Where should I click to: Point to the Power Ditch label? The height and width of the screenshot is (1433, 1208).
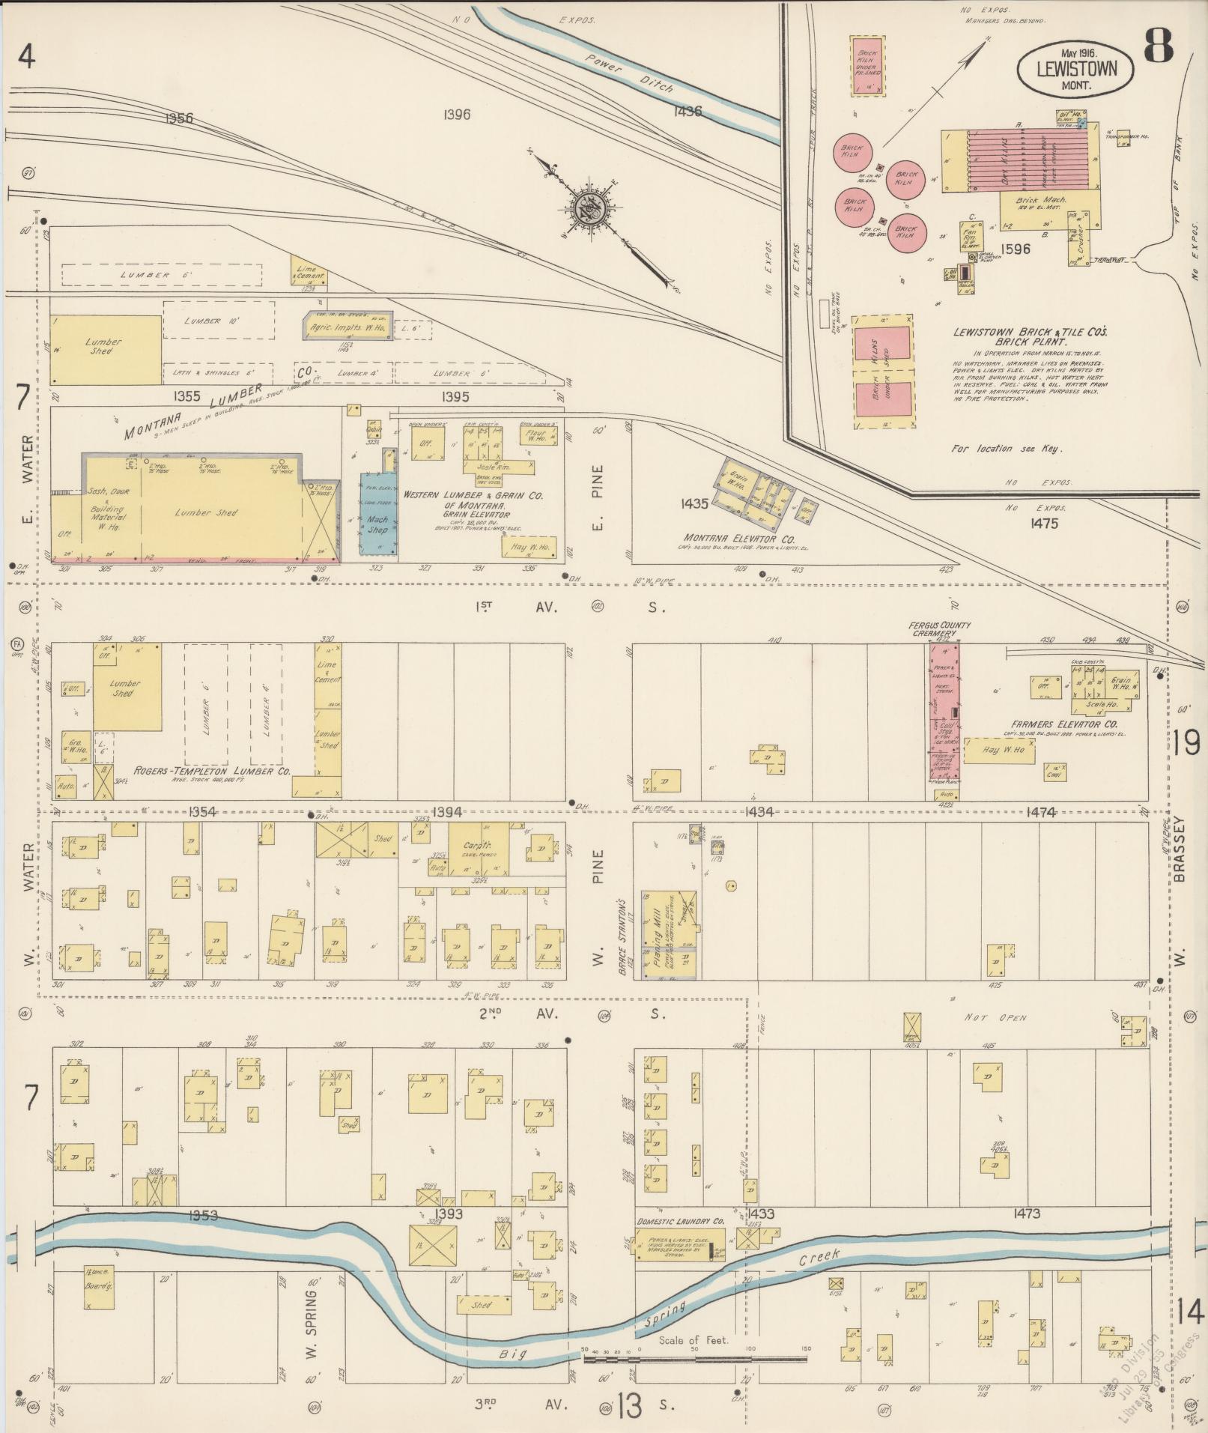point(631,76)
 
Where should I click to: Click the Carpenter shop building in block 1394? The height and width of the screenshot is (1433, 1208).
point(479,849)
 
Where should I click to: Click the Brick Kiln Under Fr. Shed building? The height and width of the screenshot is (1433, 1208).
point(867,65)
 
